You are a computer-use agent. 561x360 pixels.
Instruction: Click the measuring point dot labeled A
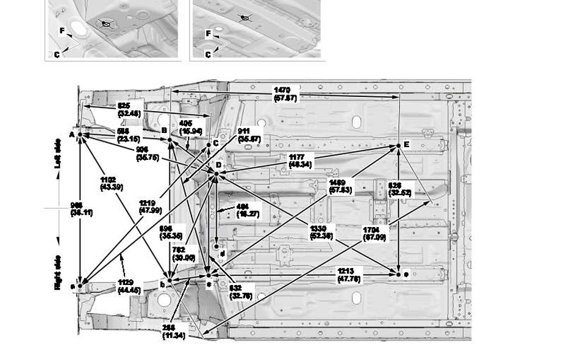tap(80, 134)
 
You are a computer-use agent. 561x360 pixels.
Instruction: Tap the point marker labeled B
tap(170, 140)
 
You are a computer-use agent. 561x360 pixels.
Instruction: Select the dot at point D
tap(216, 174)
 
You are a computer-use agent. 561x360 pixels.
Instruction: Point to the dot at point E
tap(399, 145)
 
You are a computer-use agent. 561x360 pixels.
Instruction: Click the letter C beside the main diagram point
tap(216, 144)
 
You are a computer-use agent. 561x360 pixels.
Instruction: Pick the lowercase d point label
tap(223, 253)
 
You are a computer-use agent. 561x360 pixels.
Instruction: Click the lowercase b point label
tap(162, 284)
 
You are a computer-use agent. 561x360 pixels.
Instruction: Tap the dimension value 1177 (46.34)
tap(298, 160)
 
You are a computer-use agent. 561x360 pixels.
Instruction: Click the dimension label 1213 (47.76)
tap(349, 275)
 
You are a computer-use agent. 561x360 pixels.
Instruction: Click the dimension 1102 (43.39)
tap(110, 182)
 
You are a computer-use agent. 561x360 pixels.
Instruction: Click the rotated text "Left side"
tap(59, 153)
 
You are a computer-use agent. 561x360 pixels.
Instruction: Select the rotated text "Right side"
tap(59, 272)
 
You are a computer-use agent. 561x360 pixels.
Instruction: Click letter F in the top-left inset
tap(62, 30)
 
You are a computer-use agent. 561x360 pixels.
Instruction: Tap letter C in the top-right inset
tap(208, 55)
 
